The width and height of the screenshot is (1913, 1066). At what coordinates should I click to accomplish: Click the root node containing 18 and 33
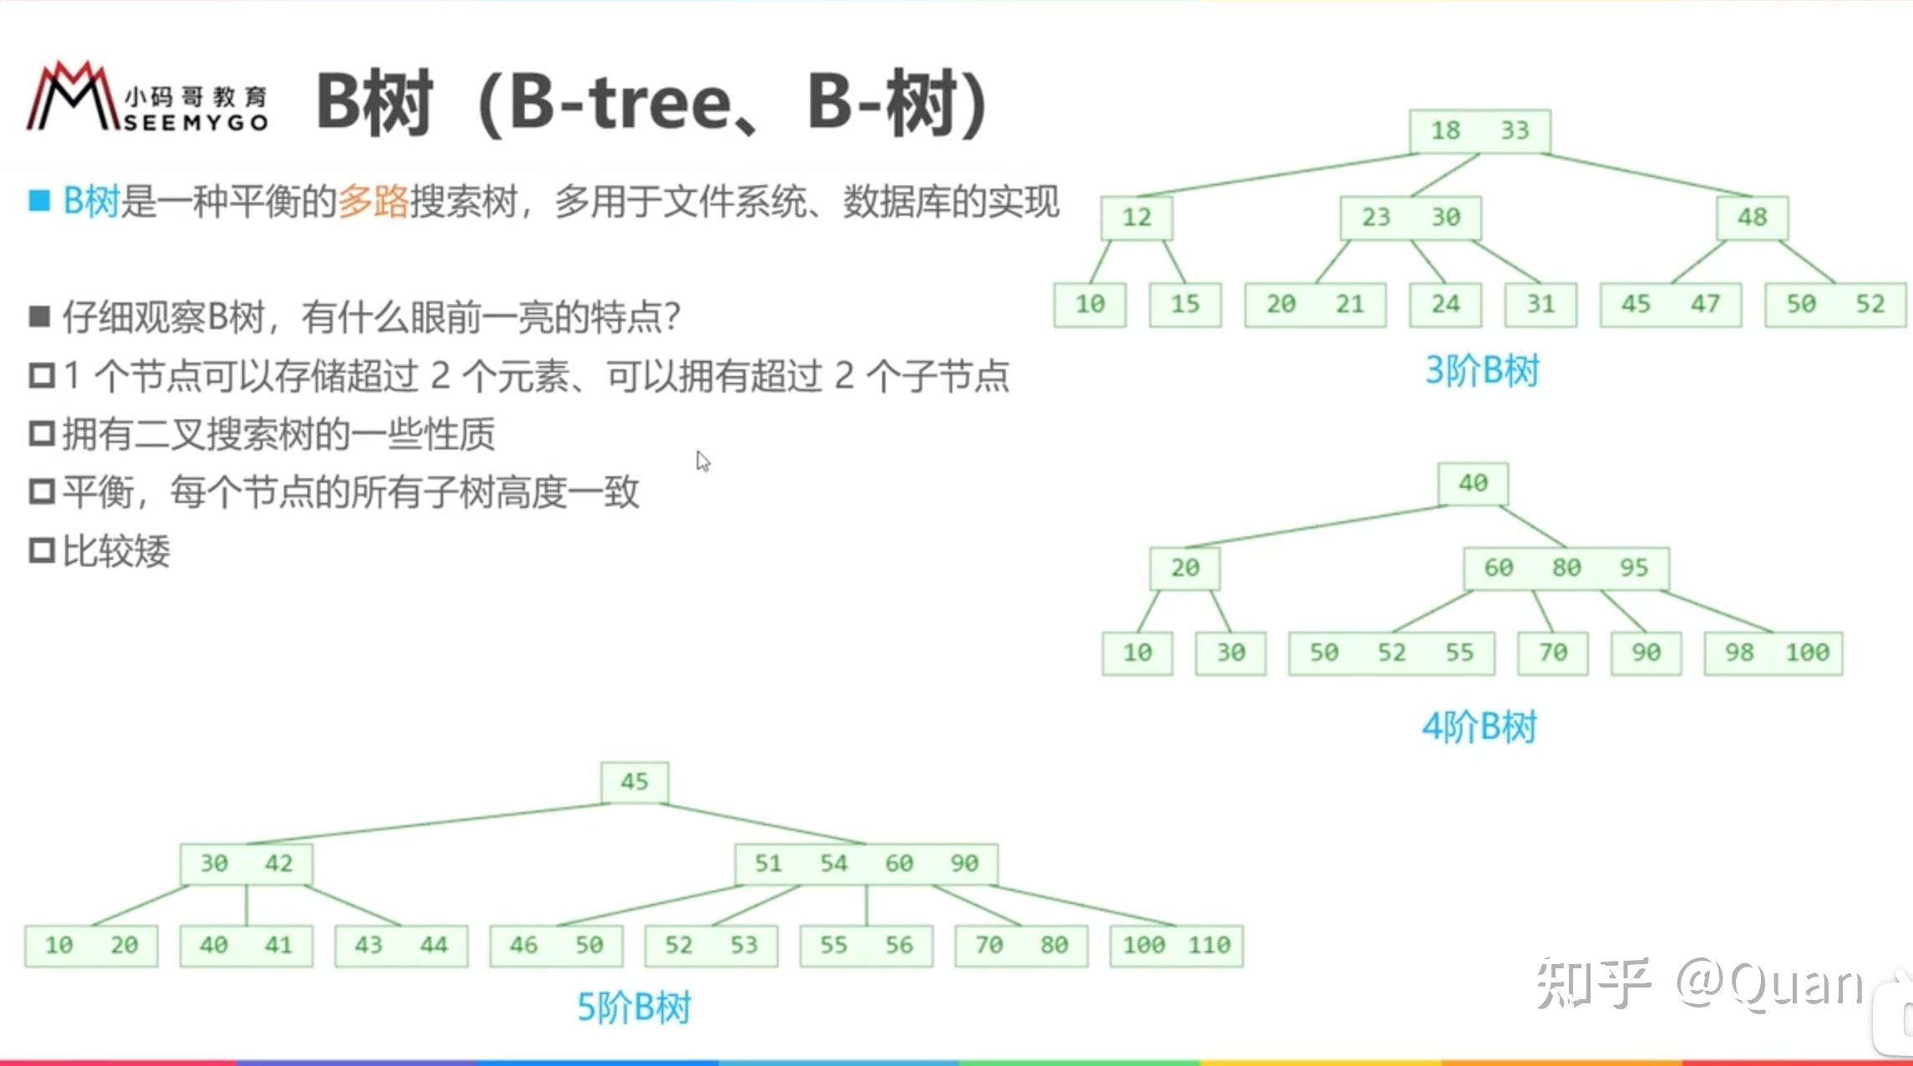pyautogui.click(x=1479, y=131)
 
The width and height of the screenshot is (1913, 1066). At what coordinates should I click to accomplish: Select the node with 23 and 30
pyautogui.click(x=1410, y=218)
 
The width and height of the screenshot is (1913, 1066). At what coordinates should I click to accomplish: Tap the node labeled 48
pyautogui.click(x=1752, y=218)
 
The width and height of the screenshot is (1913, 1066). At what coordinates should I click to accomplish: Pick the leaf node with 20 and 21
pyautogui.click(x=1315, y=305)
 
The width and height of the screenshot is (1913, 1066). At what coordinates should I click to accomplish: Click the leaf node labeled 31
pyautogui.click(x=1540, y=305)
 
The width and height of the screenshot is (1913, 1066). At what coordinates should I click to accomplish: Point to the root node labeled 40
pyautogui.click(x=1473, y=484)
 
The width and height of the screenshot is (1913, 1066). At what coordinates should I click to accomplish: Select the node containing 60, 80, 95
pyautogui.click(x=1566, y=569)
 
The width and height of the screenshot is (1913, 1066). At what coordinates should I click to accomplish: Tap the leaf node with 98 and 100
pyautogui.click(x=1773, y=653)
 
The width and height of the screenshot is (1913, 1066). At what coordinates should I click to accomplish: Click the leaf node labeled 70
pyautogui.click(x=1552, y=653)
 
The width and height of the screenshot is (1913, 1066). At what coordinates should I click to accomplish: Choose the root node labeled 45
pyautogui.click(x=634, y=783)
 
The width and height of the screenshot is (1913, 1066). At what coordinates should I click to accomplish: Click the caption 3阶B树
pyautogui.click(x=1481, y=371)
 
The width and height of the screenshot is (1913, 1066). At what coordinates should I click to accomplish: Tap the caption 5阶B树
pyautogui.click(x=634, y=1008)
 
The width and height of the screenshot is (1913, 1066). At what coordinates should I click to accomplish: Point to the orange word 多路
pyautogui.click(x=373, y=201)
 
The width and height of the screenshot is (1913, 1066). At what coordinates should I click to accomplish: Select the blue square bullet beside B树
pyautogui.click(x=39, y=201)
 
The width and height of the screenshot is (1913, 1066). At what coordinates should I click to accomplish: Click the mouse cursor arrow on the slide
pyautogui.click(x=702, y=460)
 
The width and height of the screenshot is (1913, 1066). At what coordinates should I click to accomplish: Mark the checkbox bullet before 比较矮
pyautogui.click(x=42, y=551)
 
